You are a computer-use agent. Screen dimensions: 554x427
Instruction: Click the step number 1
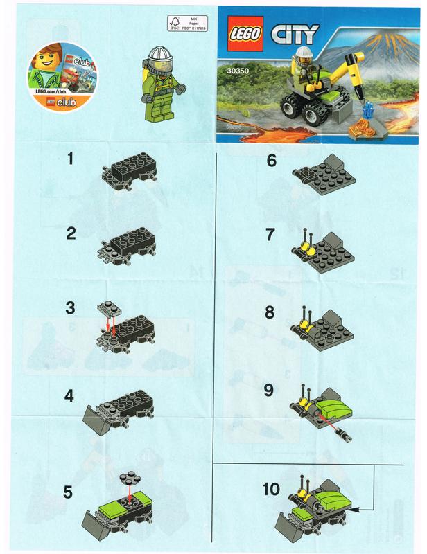(x=71, y=159)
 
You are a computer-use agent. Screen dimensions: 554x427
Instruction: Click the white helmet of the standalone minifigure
(x=164, y=53)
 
